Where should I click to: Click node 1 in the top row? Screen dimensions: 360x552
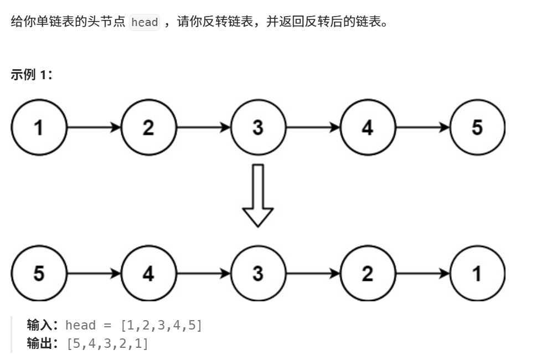(39, 127)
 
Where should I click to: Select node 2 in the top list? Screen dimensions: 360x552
(148, 127)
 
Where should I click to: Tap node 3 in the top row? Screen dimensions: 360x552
(258, 127)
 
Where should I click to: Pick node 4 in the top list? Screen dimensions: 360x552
(368, 127)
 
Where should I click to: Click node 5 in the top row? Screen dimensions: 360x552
(477, 127)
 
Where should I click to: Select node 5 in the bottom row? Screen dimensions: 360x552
(39, 273)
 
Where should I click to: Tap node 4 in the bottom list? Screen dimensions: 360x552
(148, 273)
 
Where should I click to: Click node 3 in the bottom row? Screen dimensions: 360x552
(258, 273)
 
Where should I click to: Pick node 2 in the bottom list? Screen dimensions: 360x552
(368, 273)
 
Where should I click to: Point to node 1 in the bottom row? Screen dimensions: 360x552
(477, 273)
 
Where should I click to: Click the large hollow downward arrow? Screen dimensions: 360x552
(258, 196)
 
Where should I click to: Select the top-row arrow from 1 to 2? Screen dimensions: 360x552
(94, 127)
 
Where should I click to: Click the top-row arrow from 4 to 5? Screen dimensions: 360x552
(422, 127)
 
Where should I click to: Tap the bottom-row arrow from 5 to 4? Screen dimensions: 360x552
(94, 273)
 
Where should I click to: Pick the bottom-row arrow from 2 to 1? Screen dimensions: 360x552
(422, 273)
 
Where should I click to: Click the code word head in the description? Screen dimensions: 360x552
(145, 23)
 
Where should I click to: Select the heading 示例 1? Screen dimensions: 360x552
(31, 75)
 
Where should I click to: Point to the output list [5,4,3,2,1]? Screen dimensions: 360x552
(107, 344)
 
